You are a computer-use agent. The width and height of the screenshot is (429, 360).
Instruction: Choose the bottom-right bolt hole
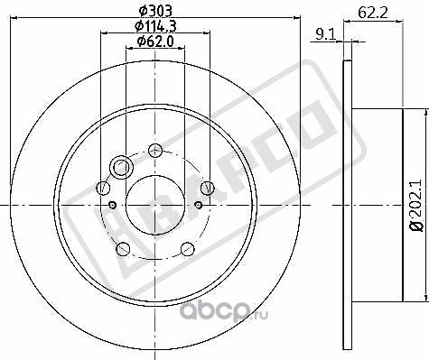pos(187,248)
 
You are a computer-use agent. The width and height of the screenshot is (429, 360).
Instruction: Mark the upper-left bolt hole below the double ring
pos(103,188)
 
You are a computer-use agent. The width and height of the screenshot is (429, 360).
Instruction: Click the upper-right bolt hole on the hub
pos(208,188)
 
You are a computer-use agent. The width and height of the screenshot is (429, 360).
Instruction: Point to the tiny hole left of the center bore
pos(113,206)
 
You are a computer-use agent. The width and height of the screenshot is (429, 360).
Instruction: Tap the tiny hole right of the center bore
pos(198,206)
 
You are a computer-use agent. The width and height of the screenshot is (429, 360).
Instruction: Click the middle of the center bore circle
pos(155,206)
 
